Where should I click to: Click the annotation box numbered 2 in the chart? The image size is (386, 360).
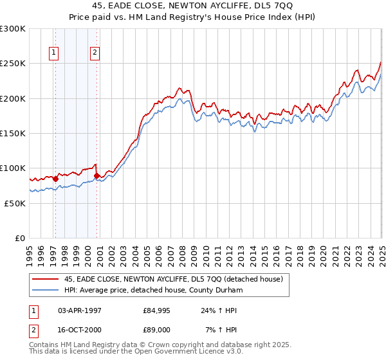pos(95,53)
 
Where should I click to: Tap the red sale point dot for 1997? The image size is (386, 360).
pos(55,179)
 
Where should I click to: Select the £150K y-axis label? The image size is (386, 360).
pos(13,133)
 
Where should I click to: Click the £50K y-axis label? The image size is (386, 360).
pos(15,203)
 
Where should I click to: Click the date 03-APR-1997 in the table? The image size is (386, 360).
pos(78,310)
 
